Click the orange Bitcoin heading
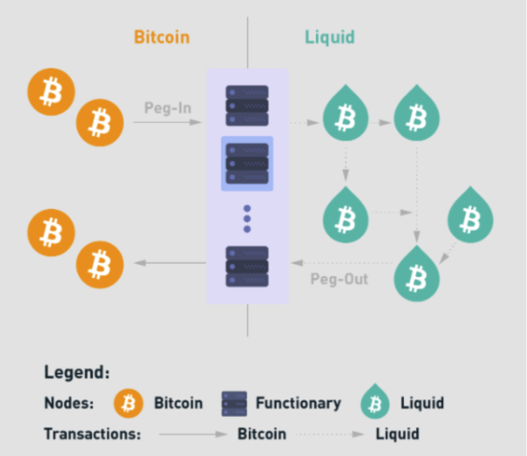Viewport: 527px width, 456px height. pos(162,37)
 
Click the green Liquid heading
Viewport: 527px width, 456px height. pos(330,37)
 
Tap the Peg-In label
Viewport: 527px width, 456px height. pos(168,108)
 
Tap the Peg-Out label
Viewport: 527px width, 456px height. pos(339,279)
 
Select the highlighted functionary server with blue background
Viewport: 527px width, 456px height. pos(247,163)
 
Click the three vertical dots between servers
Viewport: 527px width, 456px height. pos(247,218)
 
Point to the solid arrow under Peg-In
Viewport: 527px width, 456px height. pos(167,122)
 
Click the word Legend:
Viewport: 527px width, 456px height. pos(77,372)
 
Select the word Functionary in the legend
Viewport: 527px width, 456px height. pos(298,403)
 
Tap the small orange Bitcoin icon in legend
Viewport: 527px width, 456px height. pos(128,403)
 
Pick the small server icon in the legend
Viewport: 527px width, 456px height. pos(234,403)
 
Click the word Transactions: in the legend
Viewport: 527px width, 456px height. pos(92,434)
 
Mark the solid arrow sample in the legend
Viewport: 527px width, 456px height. pos(193,434)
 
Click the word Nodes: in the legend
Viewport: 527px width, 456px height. pos(69,403)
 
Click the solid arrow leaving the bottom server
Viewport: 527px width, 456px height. pos(170,263)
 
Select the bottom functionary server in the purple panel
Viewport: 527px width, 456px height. pos(247,267)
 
